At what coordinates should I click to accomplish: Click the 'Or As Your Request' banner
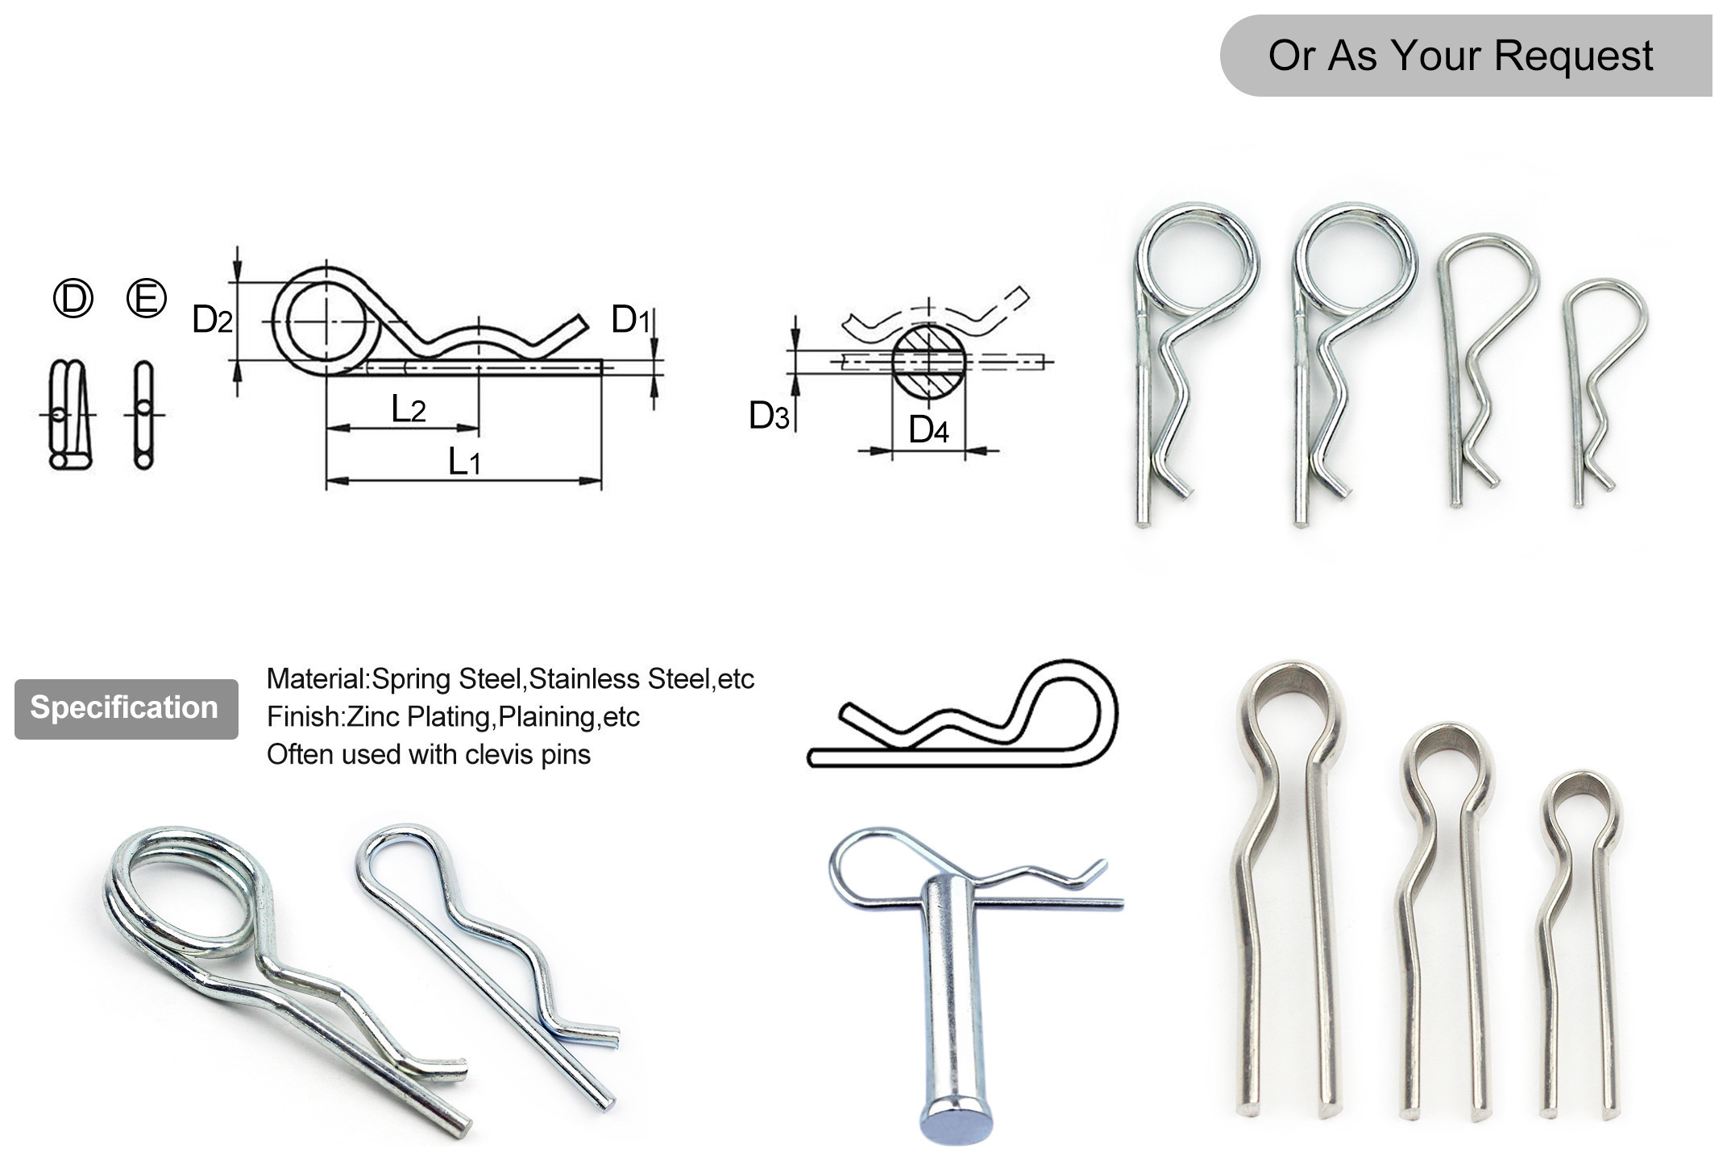(x=1460, y=56)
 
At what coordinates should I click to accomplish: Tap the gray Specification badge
(x=126, y=708)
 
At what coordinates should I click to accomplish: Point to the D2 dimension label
(x=212, y=320)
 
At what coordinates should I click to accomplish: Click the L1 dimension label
(x=464, y=462)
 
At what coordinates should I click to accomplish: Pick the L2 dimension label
(x=408, y=409)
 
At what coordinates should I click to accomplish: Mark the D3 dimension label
(x=769, y=416)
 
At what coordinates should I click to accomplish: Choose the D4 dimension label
(x=928, y=429)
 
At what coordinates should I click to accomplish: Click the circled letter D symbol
(x=73, y=299)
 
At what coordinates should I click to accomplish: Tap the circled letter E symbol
(x=147, y=298)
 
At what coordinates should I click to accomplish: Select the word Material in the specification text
(x=317, y=678)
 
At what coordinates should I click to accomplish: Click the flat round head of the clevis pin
(x=955, y=1121)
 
